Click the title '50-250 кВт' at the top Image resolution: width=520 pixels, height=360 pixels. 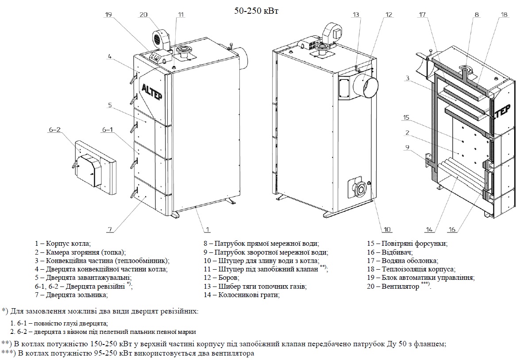point(257,11)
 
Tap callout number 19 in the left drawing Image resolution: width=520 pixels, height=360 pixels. point(109,15)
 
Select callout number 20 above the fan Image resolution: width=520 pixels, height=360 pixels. point(143,15)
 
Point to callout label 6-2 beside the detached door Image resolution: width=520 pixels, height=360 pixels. point(54,130)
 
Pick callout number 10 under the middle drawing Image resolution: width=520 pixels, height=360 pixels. point(387,229)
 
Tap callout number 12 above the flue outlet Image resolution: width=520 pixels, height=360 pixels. point(389,15)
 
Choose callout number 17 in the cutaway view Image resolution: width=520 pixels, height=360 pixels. point(422,15)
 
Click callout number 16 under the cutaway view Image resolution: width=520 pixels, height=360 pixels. point(451,229)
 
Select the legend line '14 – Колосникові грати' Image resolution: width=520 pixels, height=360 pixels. point(241,294)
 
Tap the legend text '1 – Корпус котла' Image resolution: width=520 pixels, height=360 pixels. point(63,243)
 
